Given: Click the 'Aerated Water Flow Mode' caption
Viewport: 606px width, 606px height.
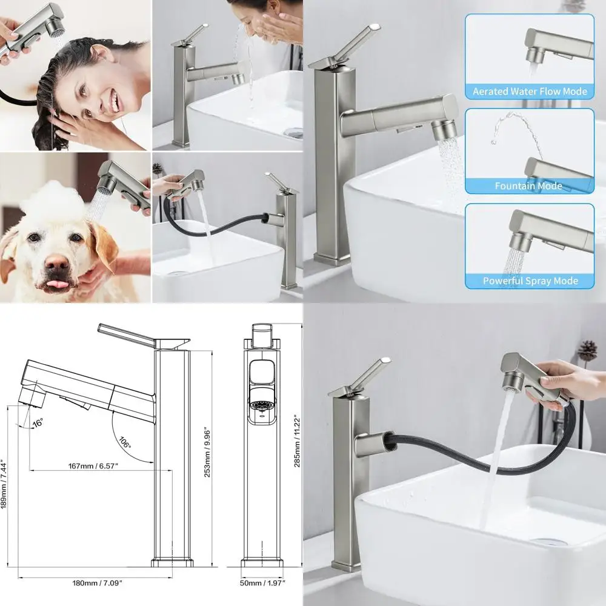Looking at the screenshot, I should [x=530, y=92].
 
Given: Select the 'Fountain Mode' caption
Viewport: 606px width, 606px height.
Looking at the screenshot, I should [x=528, y=186].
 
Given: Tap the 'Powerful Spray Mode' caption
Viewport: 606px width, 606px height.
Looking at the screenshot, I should [x=530, y=281].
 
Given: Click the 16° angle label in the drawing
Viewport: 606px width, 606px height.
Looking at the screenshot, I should [x=38, y=422].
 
